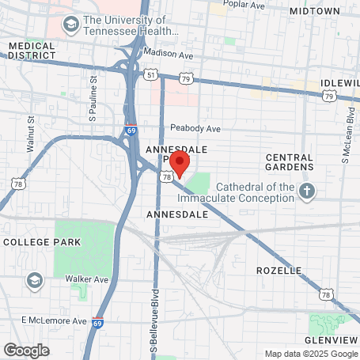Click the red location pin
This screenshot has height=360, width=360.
pyautogui.click(x=180, y=162)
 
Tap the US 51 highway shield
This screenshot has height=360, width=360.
pyautogui.click(x=150, y=74)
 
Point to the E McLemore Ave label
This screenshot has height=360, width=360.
pyautogui.click(x=54, y=320)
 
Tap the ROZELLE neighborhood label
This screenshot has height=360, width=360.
pyautogui.click(x=279, y=271)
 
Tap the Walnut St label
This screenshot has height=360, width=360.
pyautogui.click(x=31, y=132)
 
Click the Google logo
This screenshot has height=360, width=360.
pyautogui.click(x=26, y=350)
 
